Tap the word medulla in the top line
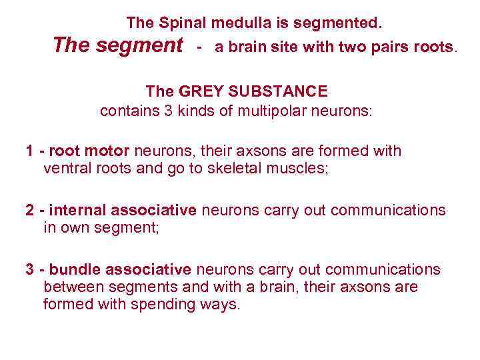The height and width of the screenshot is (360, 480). [243, 23]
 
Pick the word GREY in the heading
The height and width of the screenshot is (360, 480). [199, 91]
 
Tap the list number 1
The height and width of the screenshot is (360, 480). [30, 151]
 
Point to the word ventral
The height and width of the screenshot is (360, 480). [67, 169]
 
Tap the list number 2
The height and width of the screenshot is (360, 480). [30, 211]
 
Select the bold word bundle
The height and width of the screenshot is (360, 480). [74, 269]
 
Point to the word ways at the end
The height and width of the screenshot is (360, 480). [222, 305]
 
